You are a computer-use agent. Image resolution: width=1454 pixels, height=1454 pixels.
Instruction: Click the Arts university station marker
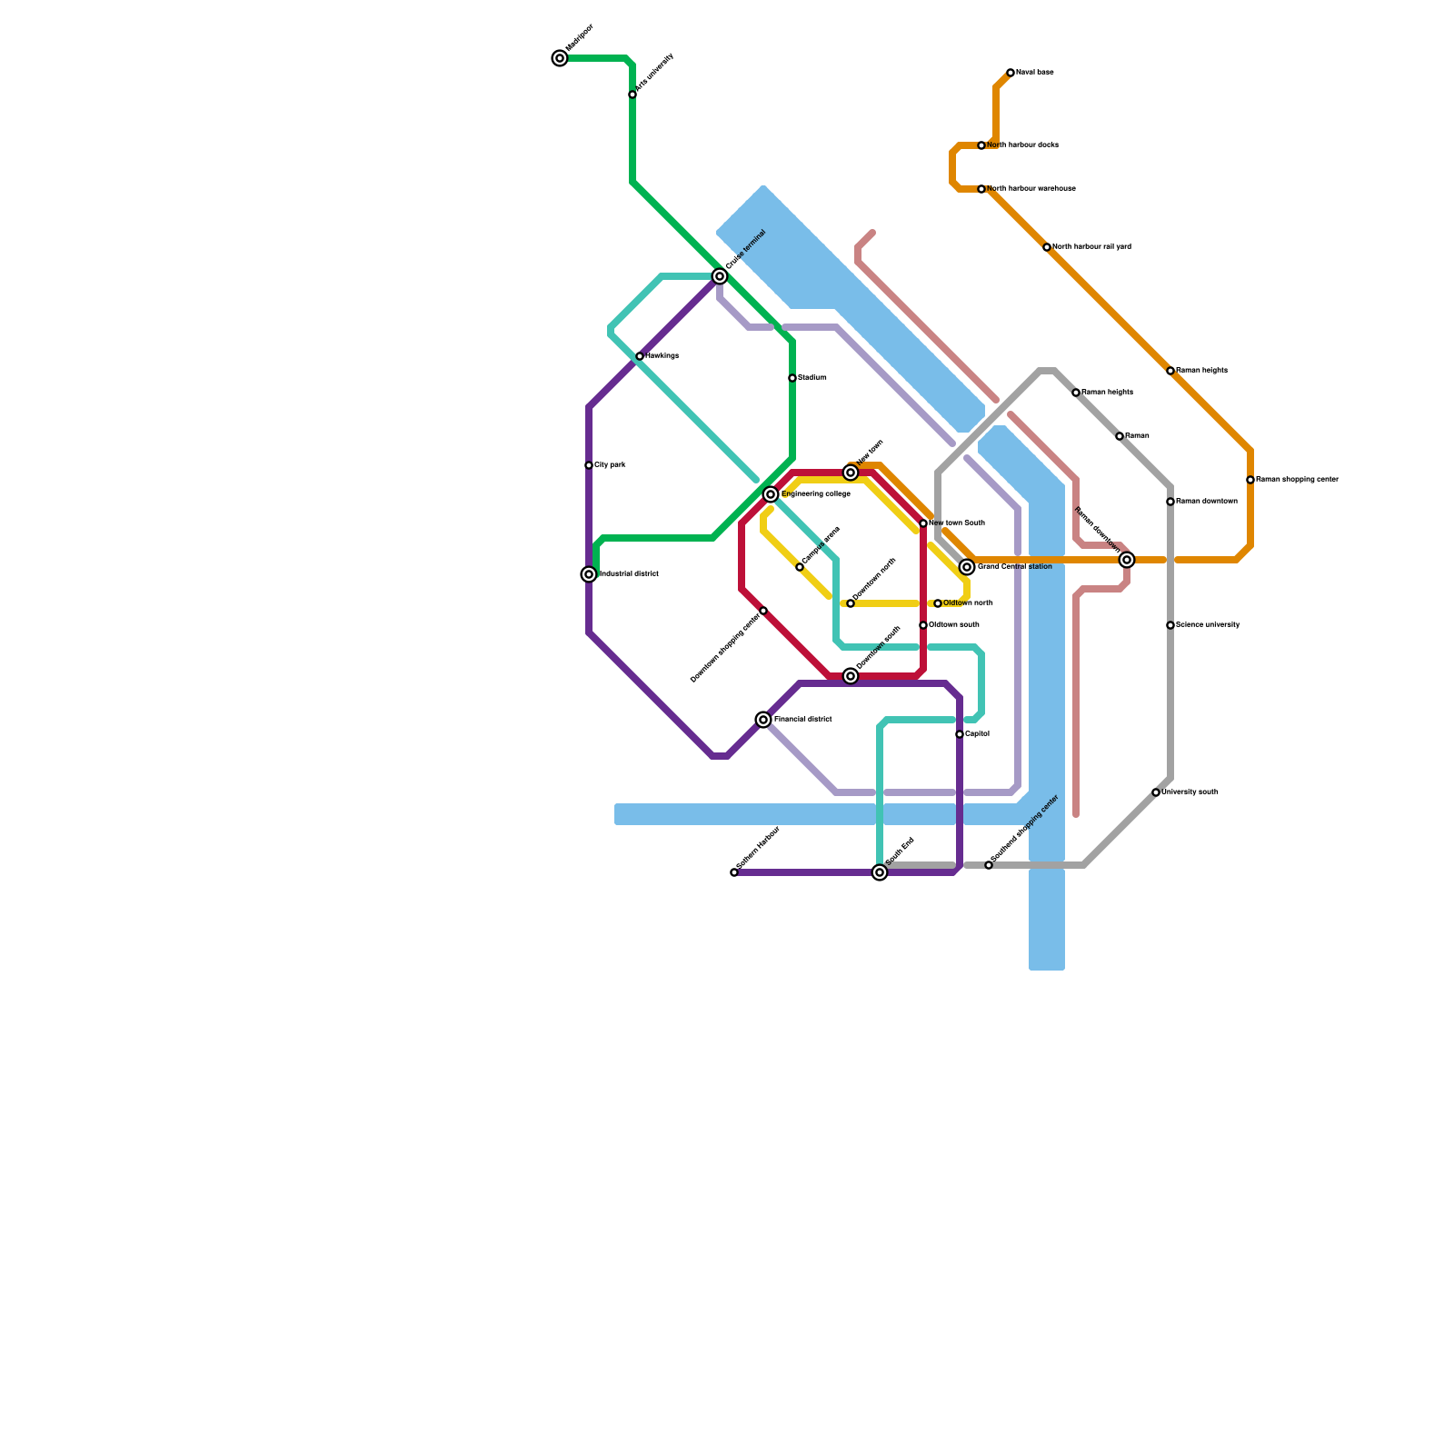632,95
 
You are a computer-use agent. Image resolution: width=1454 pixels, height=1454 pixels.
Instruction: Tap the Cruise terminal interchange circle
720,276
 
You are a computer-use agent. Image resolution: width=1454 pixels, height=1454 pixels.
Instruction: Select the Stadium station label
812,378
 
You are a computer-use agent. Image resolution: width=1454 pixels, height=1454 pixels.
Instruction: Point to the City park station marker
589,465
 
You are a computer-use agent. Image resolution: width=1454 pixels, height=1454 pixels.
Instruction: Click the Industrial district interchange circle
589,574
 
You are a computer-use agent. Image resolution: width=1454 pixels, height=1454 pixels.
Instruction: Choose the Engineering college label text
815,494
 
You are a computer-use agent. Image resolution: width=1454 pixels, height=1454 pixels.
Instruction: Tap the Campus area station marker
800,567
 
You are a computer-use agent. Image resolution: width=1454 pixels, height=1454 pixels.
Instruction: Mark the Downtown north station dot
851,603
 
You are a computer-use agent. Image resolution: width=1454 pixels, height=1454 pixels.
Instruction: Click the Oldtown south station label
953,625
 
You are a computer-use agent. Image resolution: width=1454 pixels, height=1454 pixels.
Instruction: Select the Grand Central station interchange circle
967,567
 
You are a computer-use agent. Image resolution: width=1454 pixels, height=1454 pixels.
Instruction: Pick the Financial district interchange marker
763,720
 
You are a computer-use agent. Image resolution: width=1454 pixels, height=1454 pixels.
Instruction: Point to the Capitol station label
977,734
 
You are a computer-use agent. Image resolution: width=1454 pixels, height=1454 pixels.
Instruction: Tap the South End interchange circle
880,872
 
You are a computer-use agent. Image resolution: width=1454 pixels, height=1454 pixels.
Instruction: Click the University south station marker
1156,792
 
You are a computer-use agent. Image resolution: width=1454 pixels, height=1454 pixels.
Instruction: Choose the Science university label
1208,625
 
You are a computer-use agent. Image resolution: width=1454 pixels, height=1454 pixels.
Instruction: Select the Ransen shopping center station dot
1250,480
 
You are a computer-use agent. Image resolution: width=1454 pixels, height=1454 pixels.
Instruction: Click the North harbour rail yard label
1091,247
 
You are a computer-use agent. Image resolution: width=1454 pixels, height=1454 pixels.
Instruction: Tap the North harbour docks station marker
981,145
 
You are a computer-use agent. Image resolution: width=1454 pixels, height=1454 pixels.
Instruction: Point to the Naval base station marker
1011,73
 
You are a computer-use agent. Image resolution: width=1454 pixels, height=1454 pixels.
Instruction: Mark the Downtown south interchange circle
851,676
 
